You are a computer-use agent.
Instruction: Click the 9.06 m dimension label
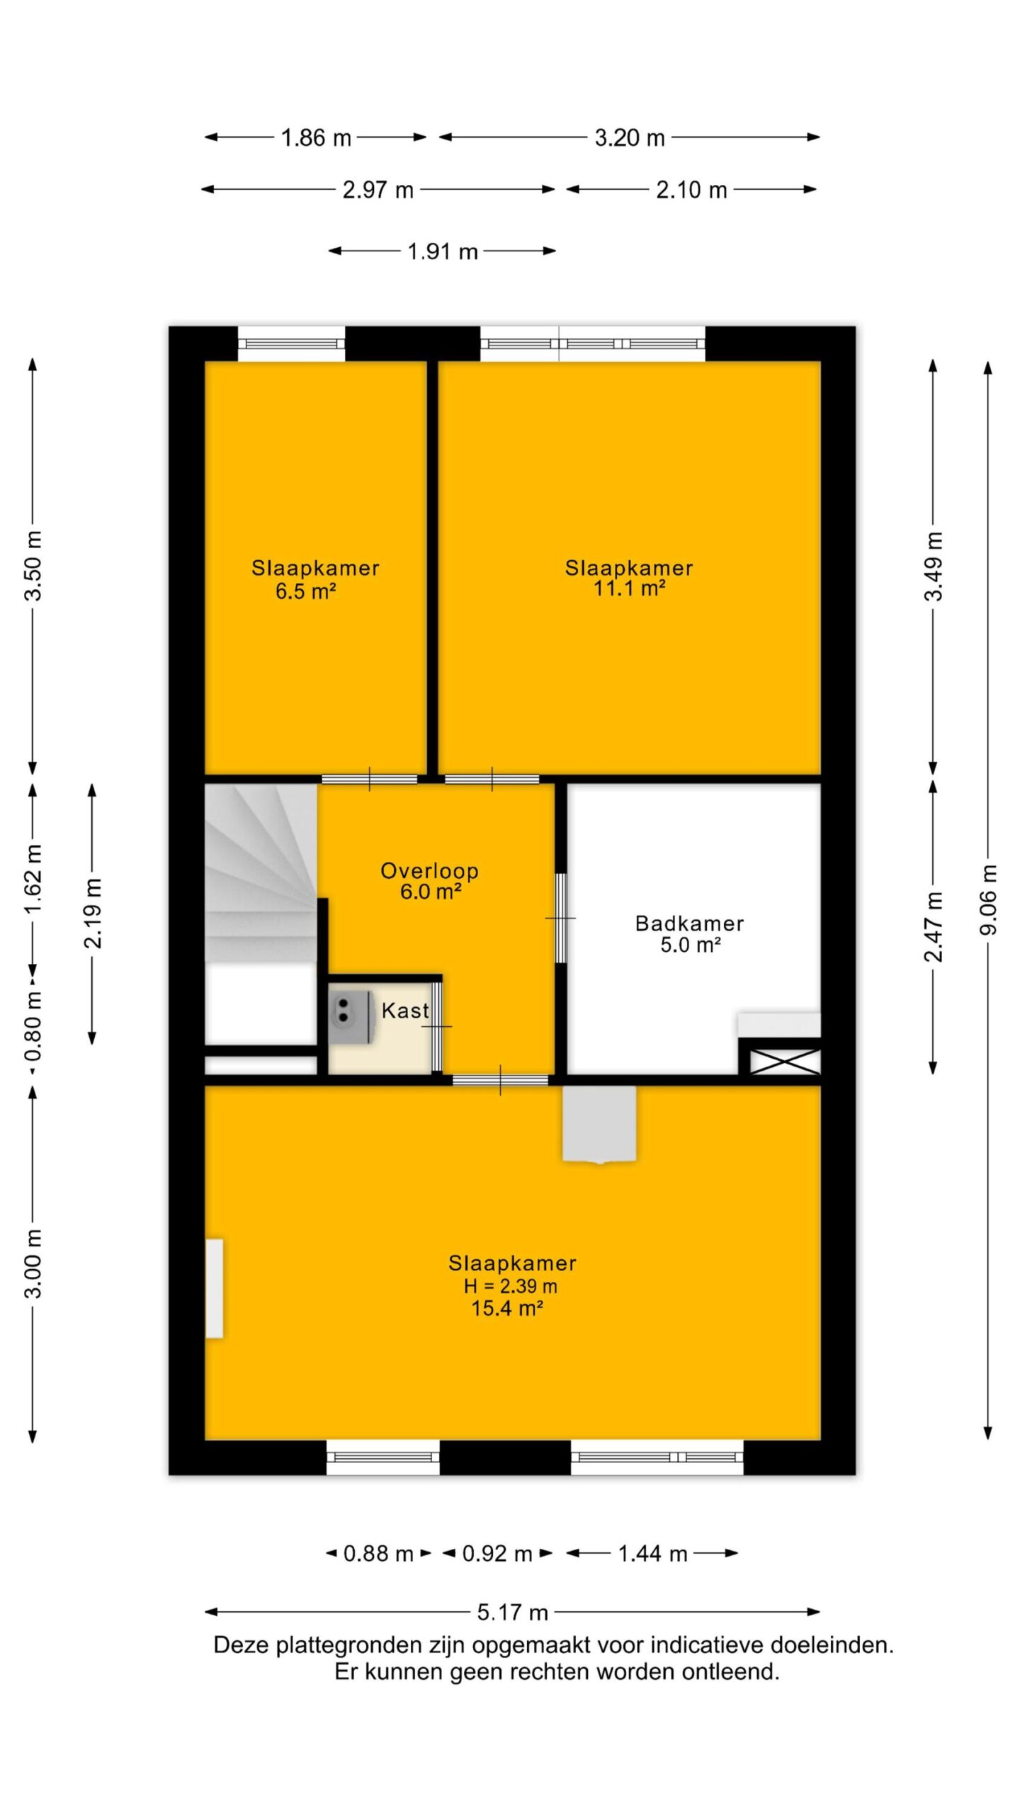(989, 899)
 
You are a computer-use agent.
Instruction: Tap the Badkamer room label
(689, 923)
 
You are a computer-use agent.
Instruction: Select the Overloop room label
(429, 870)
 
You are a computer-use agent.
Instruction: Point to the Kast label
(405, 1011)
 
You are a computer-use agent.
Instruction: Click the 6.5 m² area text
(305, 591)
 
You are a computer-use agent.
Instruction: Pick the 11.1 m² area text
(629, 588)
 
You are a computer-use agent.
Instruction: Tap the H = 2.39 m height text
(510, 1286)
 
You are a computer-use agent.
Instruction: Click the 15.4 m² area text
(507, 1308)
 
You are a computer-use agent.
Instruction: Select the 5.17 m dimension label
(512, 1613)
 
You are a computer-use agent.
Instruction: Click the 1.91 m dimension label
(443, 251)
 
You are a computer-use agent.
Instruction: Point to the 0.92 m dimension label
(497, 1554)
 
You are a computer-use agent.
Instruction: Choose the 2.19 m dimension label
(93, 913)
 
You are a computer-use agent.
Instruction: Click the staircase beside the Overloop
(261, 873)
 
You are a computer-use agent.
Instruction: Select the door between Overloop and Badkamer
(560, 918)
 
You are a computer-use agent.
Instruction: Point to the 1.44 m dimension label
(652, 1554)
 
